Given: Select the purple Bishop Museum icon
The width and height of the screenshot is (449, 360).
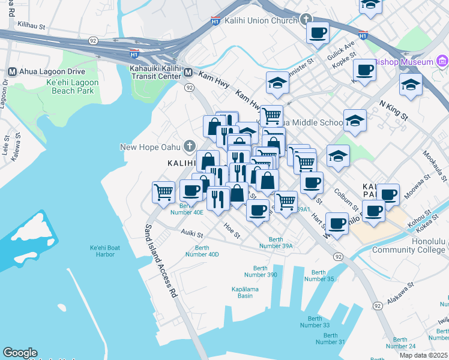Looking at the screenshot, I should tap(442, 61).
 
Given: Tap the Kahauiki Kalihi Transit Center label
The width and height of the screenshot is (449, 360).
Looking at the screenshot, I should tap(155, 72).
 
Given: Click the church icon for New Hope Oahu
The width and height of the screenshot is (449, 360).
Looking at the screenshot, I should tap(189, 146).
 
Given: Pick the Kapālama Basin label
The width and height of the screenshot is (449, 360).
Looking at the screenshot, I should tap(250, 292).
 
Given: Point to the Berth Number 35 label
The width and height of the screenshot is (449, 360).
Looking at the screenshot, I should tap(319, 275).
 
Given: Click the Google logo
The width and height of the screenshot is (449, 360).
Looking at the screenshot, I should tap(20, 353).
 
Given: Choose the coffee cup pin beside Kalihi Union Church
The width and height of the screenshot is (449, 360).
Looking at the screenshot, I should tap(318, 32).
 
